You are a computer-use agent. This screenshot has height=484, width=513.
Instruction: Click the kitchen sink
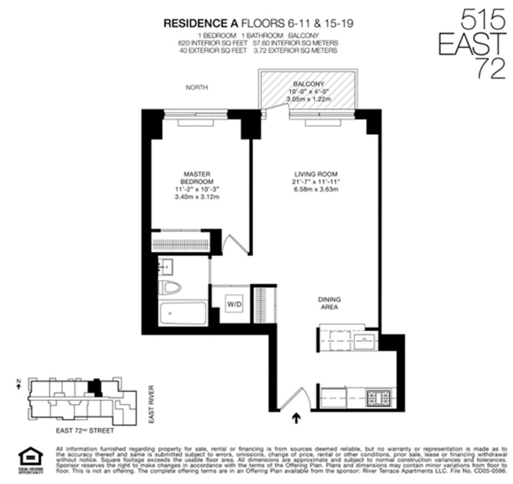tap(364, 340)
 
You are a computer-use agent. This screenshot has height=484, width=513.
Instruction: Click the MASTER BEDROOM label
tap(197, 178)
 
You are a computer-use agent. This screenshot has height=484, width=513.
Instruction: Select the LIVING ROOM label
tap(316, 174)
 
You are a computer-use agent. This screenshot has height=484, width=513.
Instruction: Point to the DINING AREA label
tap(329, 303)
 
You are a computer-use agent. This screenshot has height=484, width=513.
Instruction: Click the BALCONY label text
tap(309, 84)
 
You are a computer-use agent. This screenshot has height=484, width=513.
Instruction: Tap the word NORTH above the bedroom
tap(197, 87)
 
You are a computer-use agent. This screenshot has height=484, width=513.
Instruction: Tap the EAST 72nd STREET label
tap(85, 431)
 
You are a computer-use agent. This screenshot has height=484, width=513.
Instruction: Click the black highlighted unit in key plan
tap(95, 387)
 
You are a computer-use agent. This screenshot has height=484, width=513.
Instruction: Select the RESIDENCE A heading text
tap(201, 23)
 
